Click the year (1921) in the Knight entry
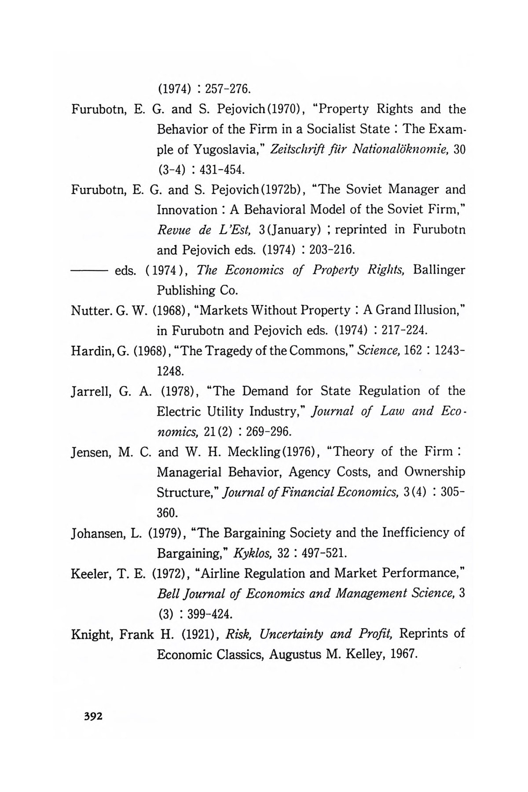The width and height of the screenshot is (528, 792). [198, 634]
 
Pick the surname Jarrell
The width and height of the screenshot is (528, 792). [89, 391]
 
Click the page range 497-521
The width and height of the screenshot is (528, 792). [319, 553]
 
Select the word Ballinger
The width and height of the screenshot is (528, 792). [439, 270]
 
